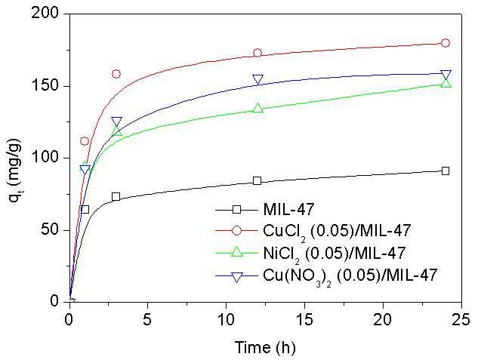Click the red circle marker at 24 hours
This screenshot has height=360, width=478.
[x=446, y=43]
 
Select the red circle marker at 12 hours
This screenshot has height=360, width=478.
[x=258, y=53]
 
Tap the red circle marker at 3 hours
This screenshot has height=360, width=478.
[x=116, y=74]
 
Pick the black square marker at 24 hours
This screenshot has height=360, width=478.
[x=446, y=171]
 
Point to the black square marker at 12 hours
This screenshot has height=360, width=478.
[x=258, y=181]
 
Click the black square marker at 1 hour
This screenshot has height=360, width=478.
[x=85, y=210]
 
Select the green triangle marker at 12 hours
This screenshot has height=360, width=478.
[x=258, y=107]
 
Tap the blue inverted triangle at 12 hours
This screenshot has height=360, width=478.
[x=258, y=80]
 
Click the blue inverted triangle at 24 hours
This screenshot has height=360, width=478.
[x=446, y=75]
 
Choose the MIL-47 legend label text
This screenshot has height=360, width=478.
[x=288, y=209]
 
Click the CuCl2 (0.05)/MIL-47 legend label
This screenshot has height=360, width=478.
[x=337, y=231]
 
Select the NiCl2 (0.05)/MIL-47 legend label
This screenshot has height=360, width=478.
[x=335, y=254]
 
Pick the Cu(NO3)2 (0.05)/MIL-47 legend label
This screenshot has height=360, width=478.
[x=350, y=276]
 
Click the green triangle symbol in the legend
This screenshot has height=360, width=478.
[x=236, y=252]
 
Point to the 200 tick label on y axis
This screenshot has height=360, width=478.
[x=45, y=14]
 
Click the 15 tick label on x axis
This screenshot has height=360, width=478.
[x=304, y=321]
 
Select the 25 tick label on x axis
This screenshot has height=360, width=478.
[x=461, y=321]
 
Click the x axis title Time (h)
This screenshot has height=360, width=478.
[x=265, y=348]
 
